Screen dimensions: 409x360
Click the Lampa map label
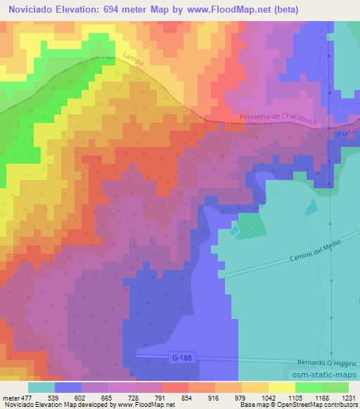tap(132, 62)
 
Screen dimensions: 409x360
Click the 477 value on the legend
tap(27, 397)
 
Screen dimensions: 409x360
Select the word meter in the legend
tap(10, 397)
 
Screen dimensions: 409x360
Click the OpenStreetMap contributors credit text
tap(317, 405)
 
